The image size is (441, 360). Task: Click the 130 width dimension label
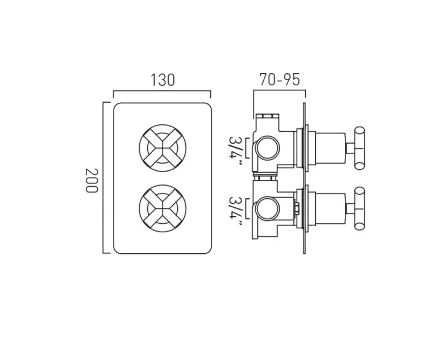click(162, 80)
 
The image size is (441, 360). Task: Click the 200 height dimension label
click(91, 179)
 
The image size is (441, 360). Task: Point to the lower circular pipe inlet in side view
click(267, 210)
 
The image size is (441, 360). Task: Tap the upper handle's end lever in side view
click(360, 148)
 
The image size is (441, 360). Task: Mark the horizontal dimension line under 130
click(162, 91)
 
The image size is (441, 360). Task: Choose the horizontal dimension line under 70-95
click(279, 91)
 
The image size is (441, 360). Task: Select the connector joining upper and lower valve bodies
click(265, 177)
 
